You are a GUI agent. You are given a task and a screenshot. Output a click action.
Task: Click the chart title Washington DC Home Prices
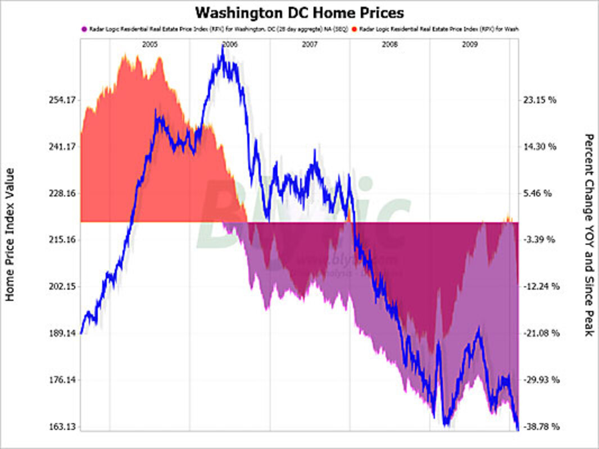299,12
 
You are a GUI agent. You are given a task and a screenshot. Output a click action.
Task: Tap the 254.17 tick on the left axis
62,100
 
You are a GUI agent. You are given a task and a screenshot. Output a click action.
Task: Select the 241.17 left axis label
62,147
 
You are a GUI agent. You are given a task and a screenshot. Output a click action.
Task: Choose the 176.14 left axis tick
62,380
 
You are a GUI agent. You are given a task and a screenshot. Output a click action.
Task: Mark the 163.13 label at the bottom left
62,427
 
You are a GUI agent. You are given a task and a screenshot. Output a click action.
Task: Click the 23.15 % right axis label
539,100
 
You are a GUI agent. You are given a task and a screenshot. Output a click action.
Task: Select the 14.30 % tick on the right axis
539,147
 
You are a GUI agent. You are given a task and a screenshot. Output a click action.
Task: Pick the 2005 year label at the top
149,43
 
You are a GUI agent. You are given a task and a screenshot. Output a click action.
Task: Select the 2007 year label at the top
310,43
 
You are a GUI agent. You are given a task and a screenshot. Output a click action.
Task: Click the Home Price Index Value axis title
11,235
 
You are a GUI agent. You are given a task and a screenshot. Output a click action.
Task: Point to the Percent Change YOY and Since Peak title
588,235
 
